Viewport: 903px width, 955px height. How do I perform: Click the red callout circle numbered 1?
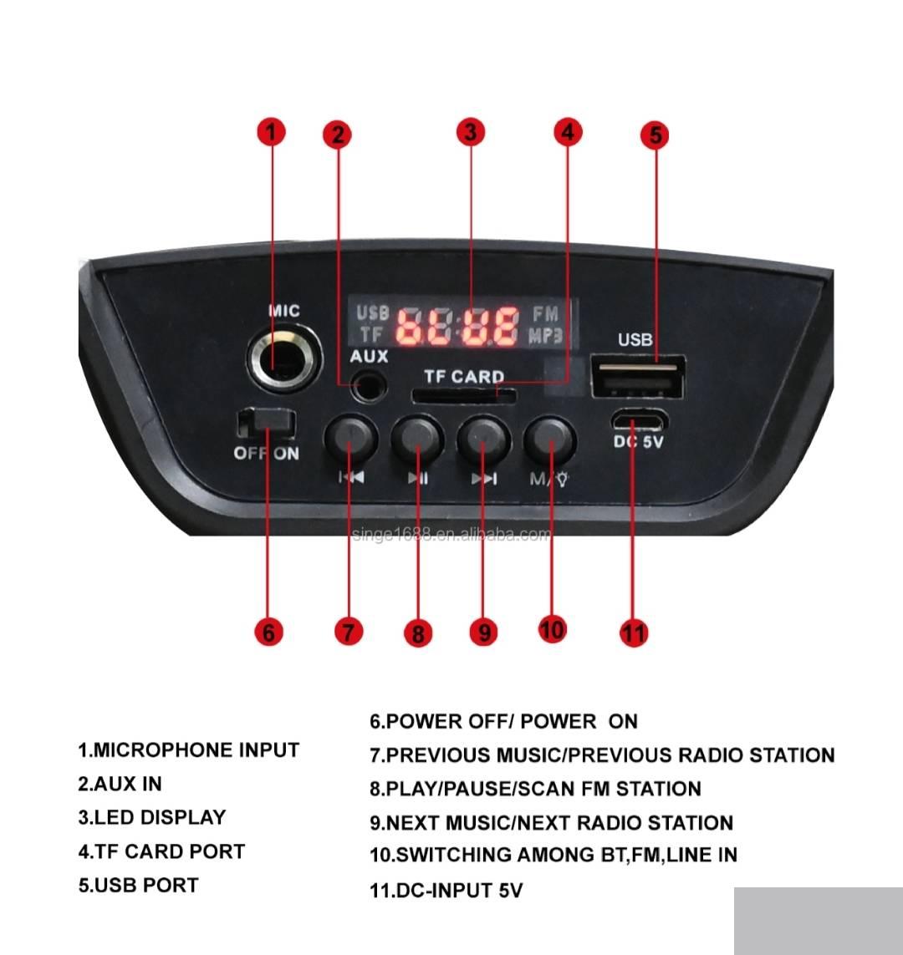tap(272, 132)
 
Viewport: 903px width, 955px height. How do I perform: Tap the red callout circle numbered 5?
tap(655, 135)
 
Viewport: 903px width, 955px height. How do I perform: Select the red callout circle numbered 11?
tap(634, 632)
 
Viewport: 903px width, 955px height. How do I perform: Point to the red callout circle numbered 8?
tap(418, 632)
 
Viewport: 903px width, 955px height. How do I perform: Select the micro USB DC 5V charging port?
tap(639, 421)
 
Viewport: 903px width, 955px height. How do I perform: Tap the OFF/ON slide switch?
tap(266, 424)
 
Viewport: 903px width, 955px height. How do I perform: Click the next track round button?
tap(484, 439)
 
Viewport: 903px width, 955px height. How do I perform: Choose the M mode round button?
tap(549, 439)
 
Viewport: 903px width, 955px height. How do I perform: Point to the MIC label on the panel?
tap(284, 311)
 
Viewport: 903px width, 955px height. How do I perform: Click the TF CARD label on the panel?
tap(464, 376)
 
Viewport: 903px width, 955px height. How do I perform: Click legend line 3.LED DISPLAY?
tap(151, 817)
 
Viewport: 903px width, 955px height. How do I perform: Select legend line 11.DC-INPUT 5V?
tap(446, 891)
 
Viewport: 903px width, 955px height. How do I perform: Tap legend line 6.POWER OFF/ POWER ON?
tap(503, 721)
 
